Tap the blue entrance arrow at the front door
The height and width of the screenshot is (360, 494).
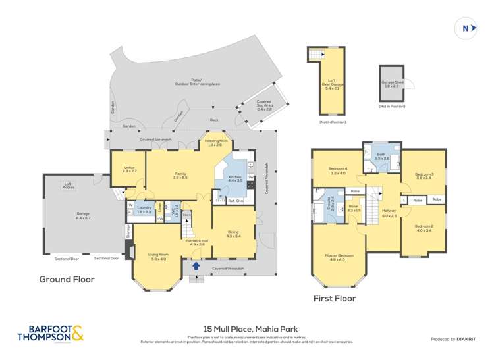pos(196,266)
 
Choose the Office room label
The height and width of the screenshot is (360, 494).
pos(129,170)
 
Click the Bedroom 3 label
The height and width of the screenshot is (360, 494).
pos(423,174)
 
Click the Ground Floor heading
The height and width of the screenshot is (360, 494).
pos(67,280)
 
